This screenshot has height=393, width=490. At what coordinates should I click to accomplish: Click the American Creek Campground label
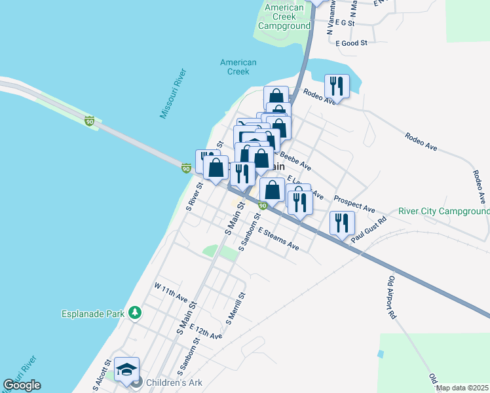click(284, 17)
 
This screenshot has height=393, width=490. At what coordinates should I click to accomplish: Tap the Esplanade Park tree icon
click(135, 313)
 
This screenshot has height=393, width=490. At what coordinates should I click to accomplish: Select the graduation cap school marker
click(126, 369)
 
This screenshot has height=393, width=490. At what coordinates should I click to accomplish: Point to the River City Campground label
click(444, 212)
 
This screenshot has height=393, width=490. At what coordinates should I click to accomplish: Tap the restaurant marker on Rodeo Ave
click(337, 86)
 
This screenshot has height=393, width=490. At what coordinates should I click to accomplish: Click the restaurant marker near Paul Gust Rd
click(342, 223)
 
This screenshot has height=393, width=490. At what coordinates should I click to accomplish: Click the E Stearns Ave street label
click(278, 239)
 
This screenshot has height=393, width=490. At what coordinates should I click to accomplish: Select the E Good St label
click(351, 43)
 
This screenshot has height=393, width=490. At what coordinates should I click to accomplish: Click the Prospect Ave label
click(354, 204)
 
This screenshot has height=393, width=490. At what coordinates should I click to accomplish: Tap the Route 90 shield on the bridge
click(89, 121)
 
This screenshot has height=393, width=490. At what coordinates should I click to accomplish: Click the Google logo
click(22, 385)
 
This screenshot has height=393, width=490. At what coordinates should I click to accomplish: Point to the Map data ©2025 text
click(462, 388)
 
